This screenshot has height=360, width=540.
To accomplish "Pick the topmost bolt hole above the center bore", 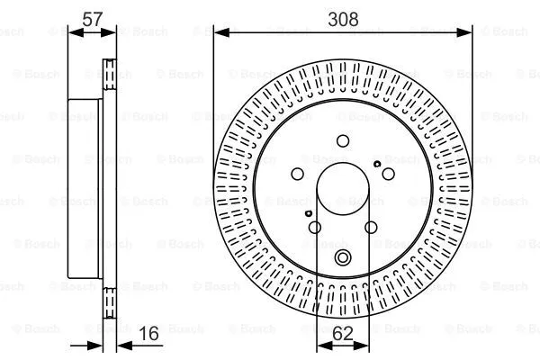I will coord(343,140).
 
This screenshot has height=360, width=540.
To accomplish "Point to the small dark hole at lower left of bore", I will coord(308,213).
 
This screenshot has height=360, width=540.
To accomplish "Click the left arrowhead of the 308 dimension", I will coord(217,32).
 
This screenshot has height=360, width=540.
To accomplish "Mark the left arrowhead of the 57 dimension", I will coord(73,32).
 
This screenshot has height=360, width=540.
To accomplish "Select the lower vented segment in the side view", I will coord(109,301).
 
